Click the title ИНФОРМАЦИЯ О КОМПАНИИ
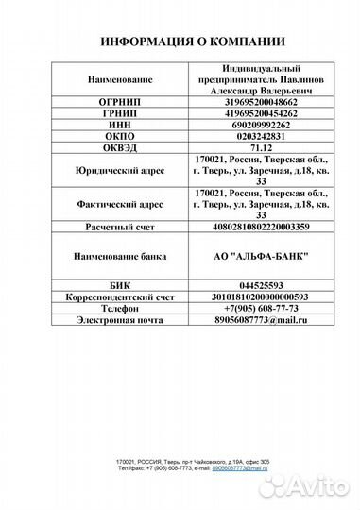pos(179,42)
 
